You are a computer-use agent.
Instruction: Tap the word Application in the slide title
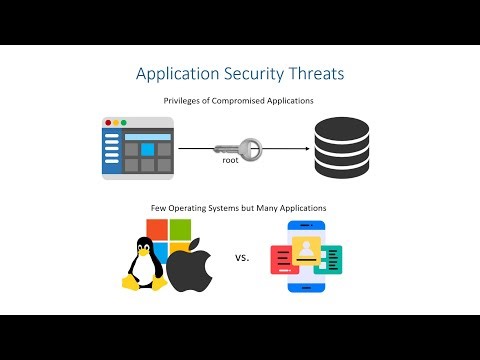[179, 75]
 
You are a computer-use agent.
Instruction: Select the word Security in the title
[251, 74]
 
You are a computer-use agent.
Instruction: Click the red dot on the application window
[109, 123]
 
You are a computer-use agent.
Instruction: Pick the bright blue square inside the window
[147, 149]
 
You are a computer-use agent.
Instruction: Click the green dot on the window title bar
[125, 123]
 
